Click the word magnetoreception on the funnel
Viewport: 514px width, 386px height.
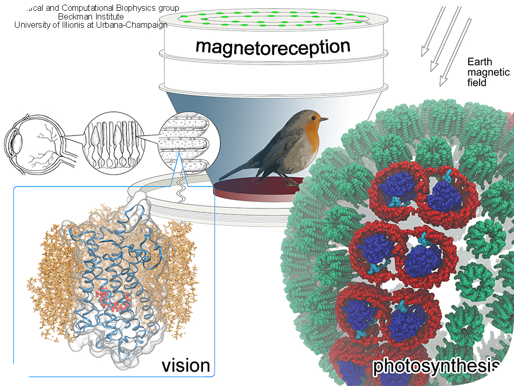click(x=272, y=47)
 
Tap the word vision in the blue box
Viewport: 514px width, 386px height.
click(x=186, y=365)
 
